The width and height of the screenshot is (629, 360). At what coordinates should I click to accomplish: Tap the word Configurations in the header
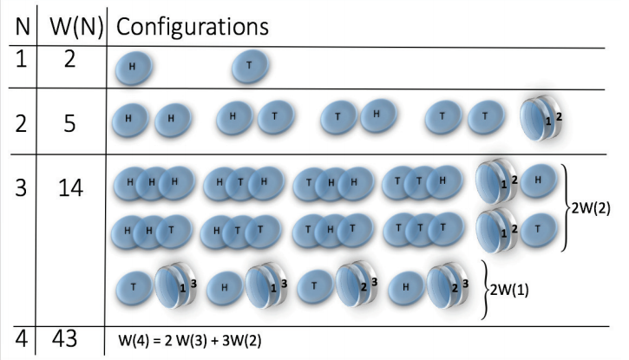(192, 25)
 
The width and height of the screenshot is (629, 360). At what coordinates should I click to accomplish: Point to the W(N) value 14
(70, 186)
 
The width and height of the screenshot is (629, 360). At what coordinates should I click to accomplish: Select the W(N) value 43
(70, 339)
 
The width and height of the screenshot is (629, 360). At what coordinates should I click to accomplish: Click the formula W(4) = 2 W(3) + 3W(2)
(190, 341)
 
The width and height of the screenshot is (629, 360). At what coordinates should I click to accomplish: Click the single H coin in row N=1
(132, 67)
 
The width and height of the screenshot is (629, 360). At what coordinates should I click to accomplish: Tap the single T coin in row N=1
(250, 66)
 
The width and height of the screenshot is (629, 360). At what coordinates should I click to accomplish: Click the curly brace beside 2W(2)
(567, 207)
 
